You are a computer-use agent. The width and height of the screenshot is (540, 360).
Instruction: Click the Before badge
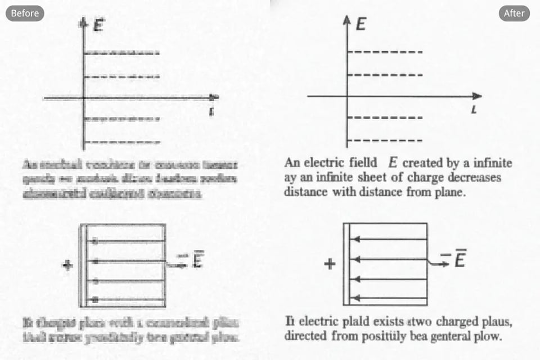click(25, 13)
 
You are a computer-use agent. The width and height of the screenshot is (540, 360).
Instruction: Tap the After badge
click(514, 13)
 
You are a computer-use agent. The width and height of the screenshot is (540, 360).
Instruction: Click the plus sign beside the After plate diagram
click(330, 263)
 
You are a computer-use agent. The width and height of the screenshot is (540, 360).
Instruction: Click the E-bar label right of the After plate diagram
click(458, 260)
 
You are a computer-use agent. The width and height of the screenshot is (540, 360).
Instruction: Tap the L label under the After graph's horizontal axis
click(474, 111)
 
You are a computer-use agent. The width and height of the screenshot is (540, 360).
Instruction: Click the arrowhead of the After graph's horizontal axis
click(477, 96)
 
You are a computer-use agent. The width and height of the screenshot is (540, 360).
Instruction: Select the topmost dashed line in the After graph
click(385, 52)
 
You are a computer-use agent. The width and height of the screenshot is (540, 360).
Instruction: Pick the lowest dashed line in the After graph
click(385, 140)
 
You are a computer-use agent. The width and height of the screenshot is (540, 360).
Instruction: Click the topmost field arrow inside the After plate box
click(388, 239)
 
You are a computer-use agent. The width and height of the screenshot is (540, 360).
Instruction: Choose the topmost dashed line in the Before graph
click(121, 53)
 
